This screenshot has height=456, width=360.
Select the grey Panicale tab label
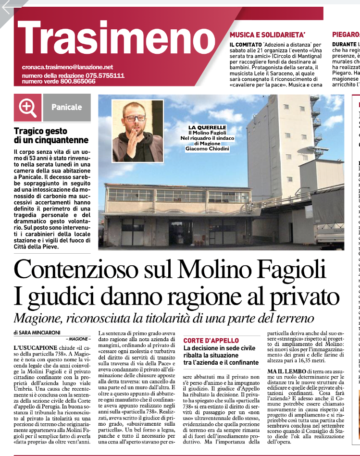67,107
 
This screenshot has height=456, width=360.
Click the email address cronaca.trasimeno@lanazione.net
67,67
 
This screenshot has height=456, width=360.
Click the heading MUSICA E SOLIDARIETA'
268,35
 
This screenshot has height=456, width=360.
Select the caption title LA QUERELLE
207,127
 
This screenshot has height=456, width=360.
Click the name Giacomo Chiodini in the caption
207,149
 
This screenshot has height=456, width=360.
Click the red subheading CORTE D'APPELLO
211,341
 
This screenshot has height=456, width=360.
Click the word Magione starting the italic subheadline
37,319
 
